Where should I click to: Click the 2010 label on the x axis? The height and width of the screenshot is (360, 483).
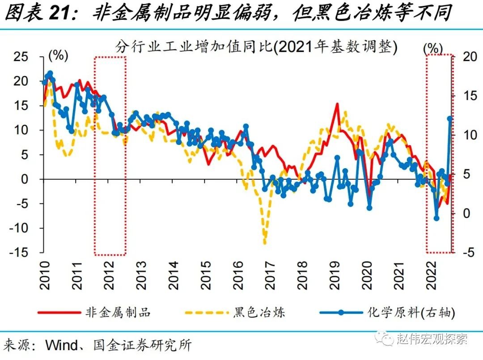(46, 274)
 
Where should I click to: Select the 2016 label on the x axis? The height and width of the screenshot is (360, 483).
(237, 274)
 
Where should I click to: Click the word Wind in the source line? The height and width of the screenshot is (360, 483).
(60, 345)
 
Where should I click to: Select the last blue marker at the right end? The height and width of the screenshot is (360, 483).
(450, 119)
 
